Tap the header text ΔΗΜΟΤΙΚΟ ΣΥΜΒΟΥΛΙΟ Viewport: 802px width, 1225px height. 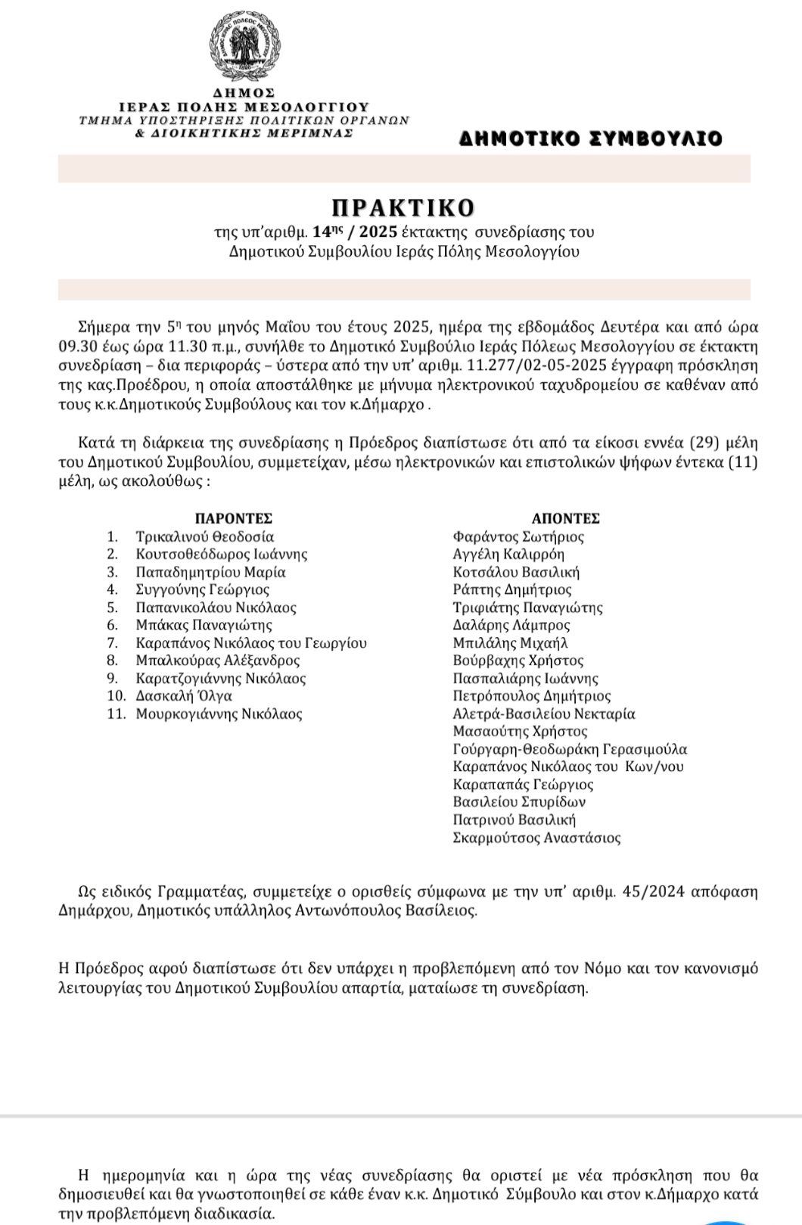(591, 138)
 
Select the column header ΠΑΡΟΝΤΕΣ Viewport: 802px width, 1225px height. (234, 518)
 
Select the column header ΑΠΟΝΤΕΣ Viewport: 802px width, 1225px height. (565, 518)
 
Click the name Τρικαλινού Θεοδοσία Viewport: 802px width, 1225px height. (205, 536)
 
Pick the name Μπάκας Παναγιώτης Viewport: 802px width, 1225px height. (204, 625)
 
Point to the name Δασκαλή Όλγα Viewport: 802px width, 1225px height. (184, 696)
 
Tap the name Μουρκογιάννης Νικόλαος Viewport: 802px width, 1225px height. (219, 714)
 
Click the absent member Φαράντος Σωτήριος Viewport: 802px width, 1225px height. (518, 536)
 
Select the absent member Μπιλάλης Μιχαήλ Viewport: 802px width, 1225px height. (510, 643)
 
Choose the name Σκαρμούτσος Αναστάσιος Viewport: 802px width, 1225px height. (536, 838)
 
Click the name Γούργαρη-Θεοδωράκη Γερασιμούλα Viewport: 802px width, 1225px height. (570, 749)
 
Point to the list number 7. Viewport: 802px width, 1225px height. (113, 643)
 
